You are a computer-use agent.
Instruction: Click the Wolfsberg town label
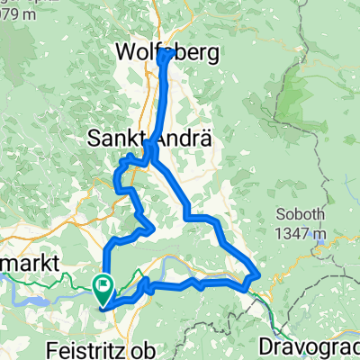[168, 54]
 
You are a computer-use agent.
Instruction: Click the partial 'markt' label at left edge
[29, 262]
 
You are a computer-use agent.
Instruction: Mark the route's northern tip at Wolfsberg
[168, 56]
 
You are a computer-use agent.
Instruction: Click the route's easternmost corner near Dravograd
[259, 274]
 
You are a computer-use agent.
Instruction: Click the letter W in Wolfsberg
[127, 54]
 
